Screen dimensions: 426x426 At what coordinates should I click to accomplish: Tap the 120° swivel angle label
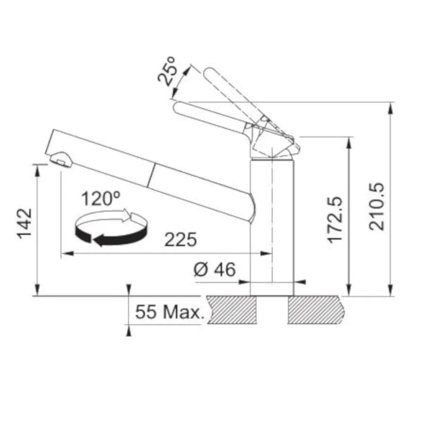tap(100, 199)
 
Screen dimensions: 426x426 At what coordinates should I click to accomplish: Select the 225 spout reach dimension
tap(180, 240)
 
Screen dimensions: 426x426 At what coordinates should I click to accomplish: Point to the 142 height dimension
tap(25, 223)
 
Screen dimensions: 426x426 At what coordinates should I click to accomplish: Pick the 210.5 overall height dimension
tap(377, 207)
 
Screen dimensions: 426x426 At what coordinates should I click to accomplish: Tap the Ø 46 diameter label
tap(214, 269)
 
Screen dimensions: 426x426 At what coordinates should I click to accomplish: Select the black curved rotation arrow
tap(111, 235)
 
